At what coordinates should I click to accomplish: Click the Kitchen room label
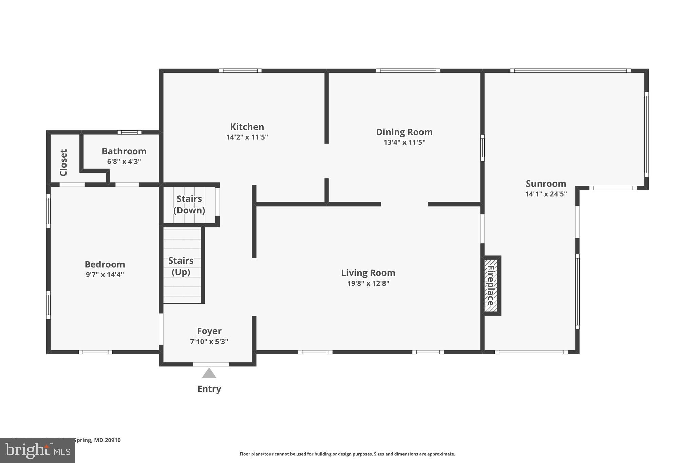pos(247,127)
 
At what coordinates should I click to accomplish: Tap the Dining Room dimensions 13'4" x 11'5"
pos(404,142)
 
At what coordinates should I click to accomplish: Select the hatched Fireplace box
pos(491,286)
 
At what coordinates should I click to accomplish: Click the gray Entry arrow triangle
pos(209,373)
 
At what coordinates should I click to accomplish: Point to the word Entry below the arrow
pos(209,389)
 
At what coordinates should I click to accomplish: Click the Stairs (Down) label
pos(189,205)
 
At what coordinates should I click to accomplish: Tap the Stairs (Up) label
pos(181,266)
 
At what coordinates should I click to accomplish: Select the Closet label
pos(64,162)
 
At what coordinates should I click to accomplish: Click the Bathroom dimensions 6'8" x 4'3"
pos(124,162)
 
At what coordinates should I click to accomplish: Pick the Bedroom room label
pos(105,264)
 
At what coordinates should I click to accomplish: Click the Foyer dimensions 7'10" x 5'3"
pos(209,342)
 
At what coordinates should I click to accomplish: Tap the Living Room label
pos(368,273)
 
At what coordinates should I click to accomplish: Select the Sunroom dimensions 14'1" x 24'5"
pos(546,194)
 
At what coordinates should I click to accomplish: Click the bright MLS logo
pos(37,450)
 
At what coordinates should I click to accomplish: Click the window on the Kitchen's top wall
pos(240,71)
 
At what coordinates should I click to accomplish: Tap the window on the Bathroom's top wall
pos(129,132)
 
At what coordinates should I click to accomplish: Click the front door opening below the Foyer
pos(211,364)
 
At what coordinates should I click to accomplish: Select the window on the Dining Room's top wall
pos(408,71)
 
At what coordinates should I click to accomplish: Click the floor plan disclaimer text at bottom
pos(347,454)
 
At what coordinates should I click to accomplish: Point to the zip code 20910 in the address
pos(112,440)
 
